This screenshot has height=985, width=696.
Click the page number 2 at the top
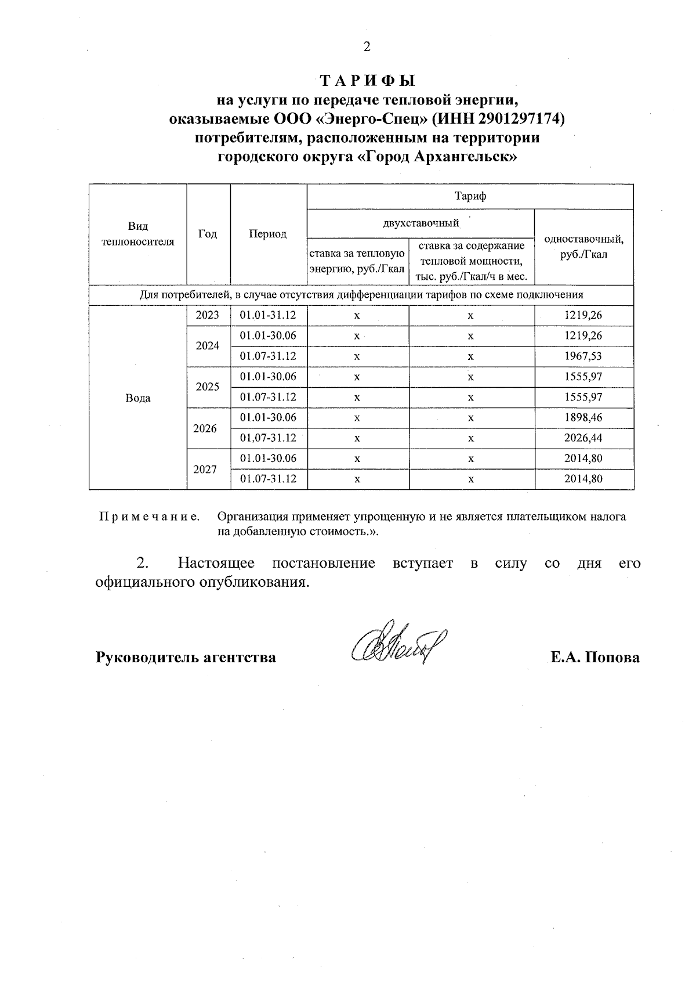coord(367,47)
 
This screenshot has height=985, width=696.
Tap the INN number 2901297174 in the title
coord(519,119)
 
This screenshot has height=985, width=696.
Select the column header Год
coord(208,234)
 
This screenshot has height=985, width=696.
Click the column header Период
coord(268,234)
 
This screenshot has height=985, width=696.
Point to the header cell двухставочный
coord(420,223)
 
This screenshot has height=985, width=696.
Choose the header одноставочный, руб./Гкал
coord(583,247)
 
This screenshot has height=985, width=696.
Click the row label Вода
coord(137,398)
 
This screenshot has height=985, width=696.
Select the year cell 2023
coord(208,315)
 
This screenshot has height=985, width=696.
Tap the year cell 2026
coord(205,428)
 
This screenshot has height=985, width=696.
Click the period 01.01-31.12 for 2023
coord(268,315)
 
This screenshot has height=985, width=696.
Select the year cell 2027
coord(205,469)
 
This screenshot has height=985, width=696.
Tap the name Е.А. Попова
coord(595,658)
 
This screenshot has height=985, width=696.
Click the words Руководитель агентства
coord(186,658)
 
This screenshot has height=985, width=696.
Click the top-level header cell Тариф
coord(470,196)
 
